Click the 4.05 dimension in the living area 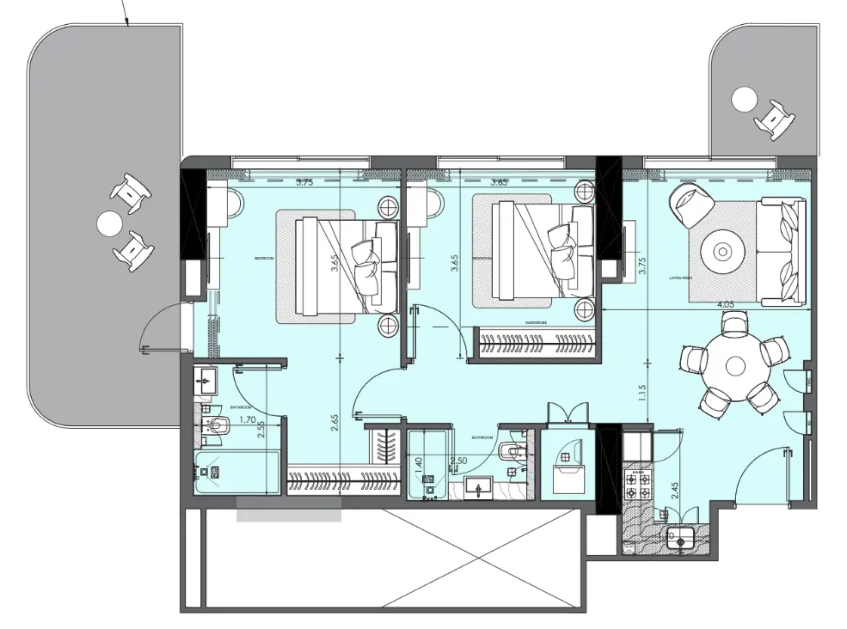725,304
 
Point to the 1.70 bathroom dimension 248,421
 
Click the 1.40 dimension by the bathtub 419,462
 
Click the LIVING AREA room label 681,278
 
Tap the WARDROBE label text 536,322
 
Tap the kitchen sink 684,539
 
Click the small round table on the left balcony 109,224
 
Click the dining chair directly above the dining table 735,326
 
